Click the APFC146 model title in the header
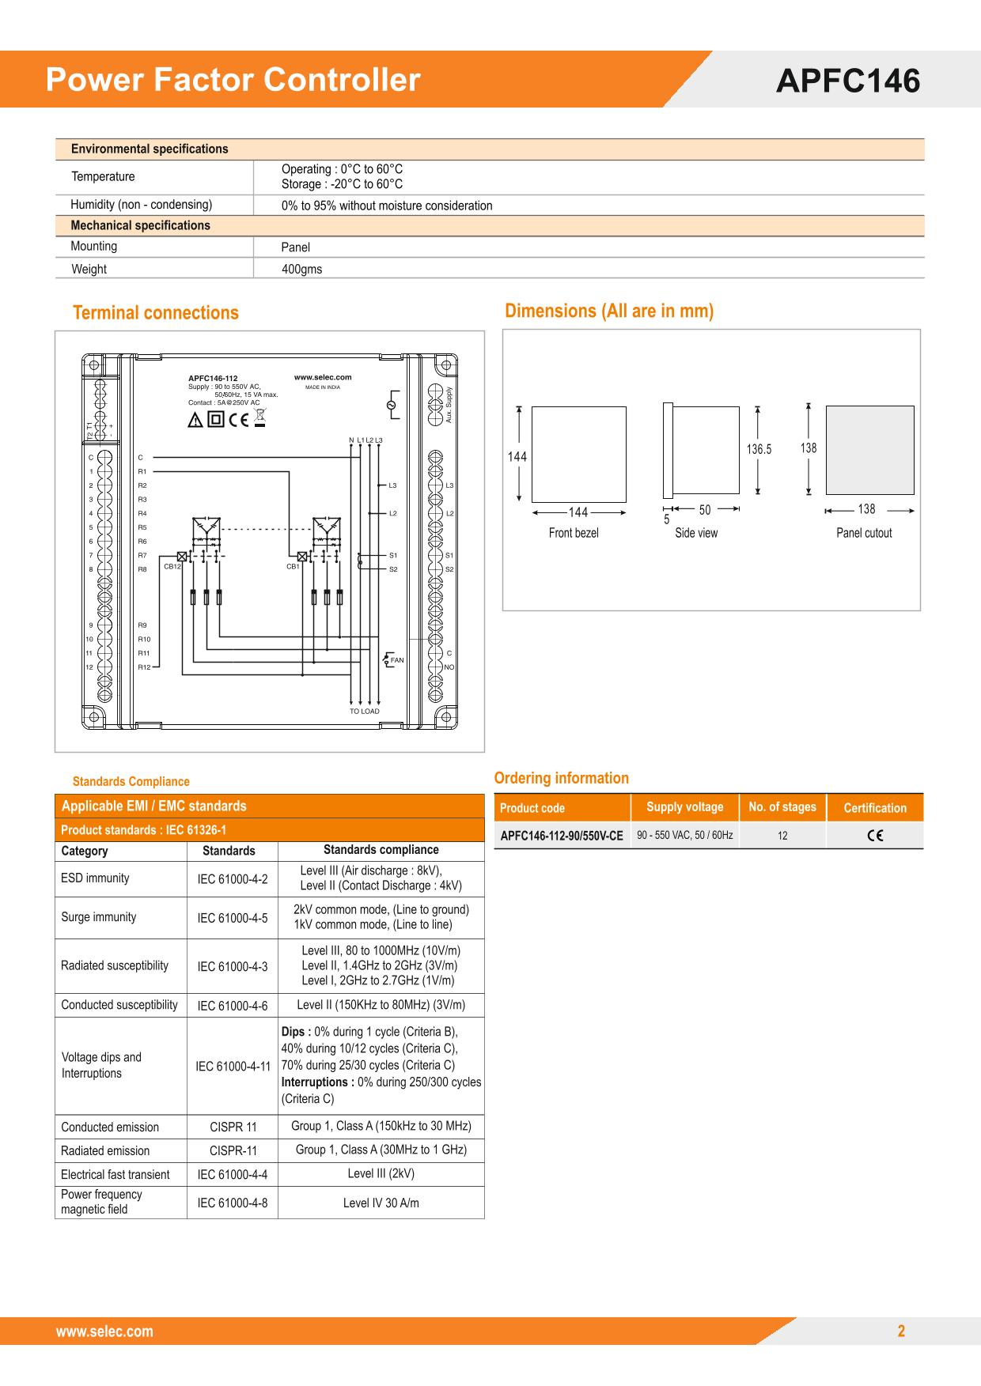[848, 81]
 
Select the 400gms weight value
[301, 269]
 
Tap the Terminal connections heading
[156, 313]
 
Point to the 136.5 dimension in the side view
[759, 449]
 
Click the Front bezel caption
[574, 533]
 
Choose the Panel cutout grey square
[869, 450]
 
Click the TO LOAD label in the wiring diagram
[365, 712]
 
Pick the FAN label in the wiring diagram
[397, 660]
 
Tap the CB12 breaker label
[172, 566]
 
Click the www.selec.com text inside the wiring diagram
[323, 377]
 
